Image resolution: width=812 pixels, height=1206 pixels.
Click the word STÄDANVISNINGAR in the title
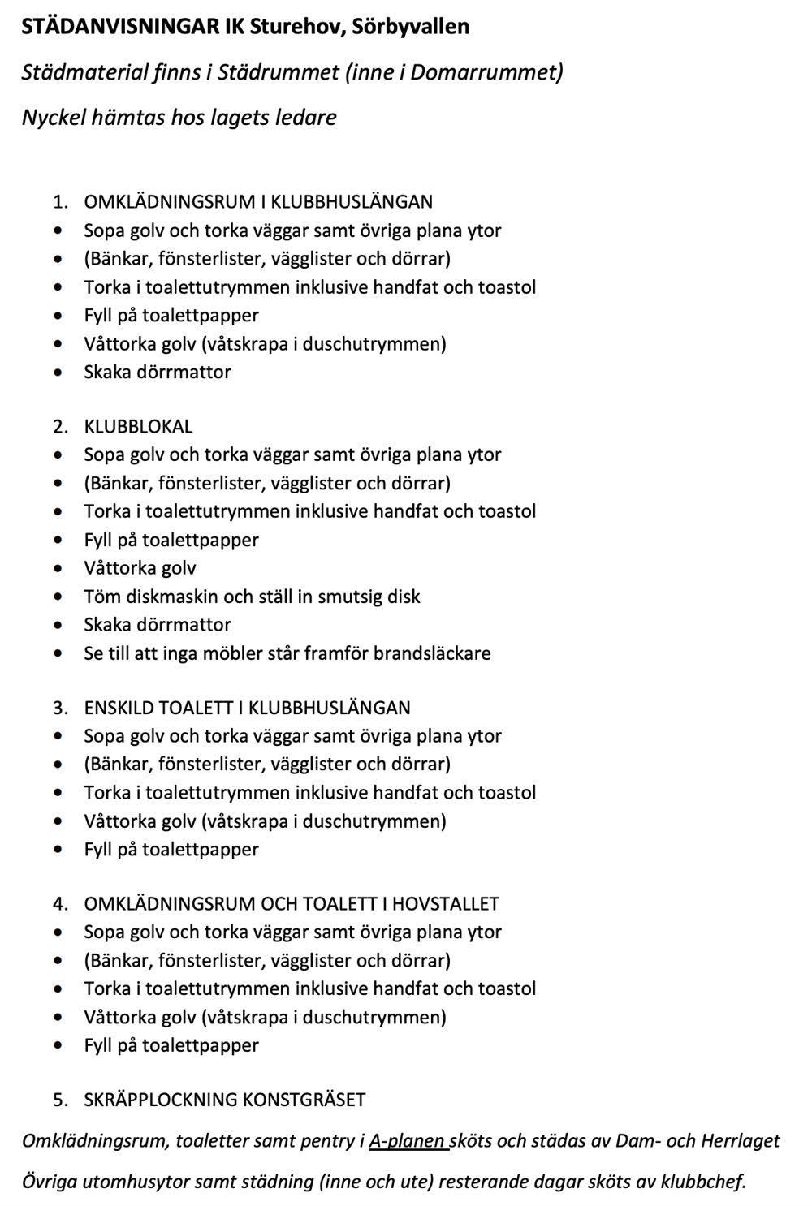pyautogui.click(x=121, y=27)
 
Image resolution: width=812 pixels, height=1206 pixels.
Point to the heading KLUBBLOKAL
pyautogui.click(x=138, y=426)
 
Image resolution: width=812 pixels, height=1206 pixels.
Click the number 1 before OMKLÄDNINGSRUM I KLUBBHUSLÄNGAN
pyautogui.click(x=58, y=201)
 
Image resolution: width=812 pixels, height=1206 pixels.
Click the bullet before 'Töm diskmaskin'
pyautogui.click(x=58, y=597)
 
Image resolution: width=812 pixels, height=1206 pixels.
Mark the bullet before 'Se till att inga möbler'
pyautogui.click(x=58, y=654)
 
